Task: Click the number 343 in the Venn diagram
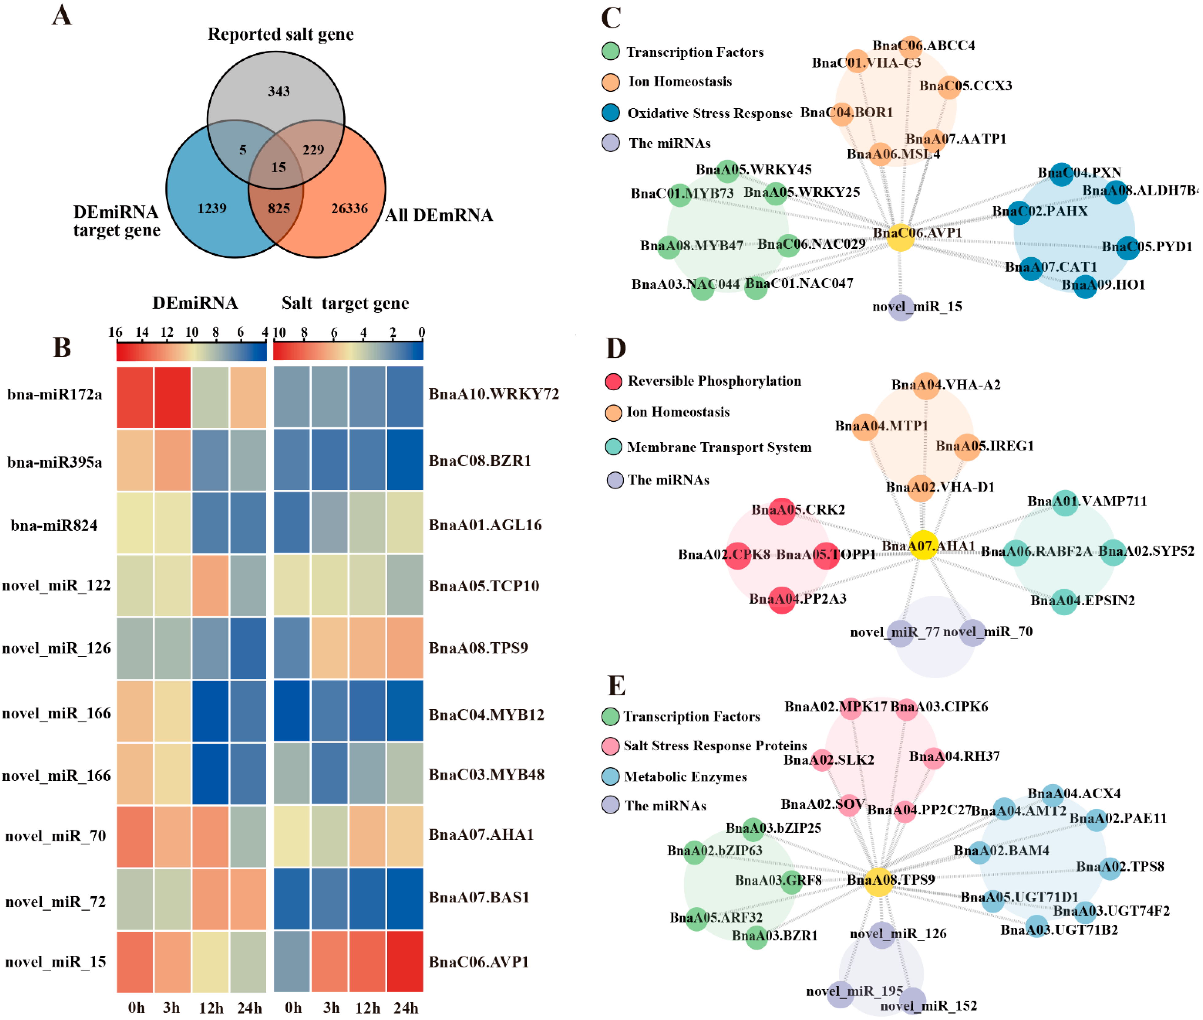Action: click(x=279, y=91)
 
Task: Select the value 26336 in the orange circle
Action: click(x=349, y=208)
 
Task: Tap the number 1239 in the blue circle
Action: click(x=212, y=208)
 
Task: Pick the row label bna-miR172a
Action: click(x=55, y=394)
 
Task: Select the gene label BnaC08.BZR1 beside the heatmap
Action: click(x=479, y=461)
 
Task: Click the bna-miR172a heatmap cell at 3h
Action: click(x=172, y=397)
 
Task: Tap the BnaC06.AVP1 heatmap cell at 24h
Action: click(x=405, y=962)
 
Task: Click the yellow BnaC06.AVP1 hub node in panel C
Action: click(x=900, y=237)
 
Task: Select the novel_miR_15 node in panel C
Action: click(x=900, y=307)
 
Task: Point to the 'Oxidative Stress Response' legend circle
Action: click(x=611, y=113)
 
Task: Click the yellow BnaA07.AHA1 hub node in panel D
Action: click(x=924, y=545)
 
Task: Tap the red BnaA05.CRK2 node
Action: click(x=782, y=511)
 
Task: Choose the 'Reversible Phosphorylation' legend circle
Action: click(x=613, y=381)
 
